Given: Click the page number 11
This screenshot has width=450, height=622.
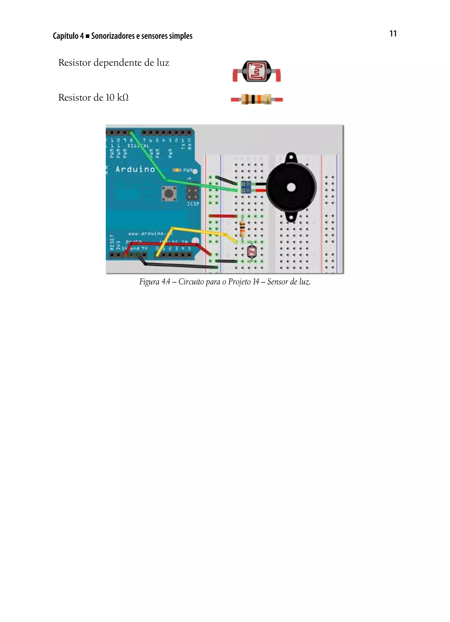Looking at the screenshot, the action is tap(393, 34).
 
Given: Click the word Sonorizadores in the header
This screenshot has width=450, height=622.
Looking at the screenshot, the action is tap(113, 36).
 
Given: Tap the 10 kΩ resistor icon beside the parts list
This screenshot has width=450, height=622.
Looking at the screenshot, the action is tap(256, 99).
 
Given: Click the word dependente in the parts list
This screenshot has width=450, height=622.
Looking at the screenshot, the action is tap(124, 63).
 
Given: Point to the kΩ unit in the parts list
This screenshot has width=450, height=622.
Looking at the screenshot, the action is tap(123, 98).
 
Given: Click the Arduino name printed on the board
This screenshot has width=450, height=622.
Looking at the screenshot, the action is tap(135, 169).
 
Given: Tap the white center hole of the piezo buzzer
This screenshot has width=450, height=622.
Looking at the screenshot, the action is tap(291, 188).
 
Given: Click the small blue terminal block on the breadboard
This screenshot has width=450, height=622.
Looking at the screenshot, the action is tap(245, 187).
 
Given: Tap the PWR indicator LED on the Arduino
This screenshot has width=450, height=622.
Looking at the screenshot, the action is tap(177, 170).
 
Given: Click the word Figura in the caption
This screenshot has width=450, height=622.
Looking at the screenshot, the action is tap(149, 282).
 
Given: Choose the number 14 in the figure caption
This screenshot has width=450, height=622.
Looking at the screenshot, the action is tap(256, 282).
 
